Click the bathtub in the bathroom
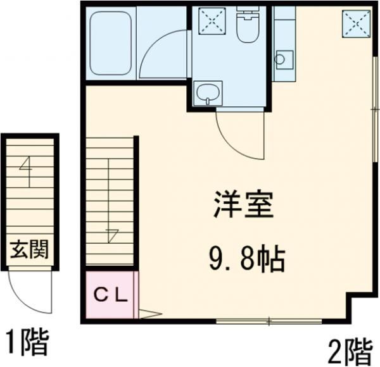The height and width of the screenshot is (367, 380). pos(111,44)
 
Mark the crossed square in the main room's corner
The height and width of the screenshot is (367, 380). pos(356,25)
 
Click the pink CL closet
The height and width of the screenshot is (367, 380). pos(110,294)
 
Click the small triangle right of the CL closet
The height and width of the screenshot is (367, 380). pos(149,312)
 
